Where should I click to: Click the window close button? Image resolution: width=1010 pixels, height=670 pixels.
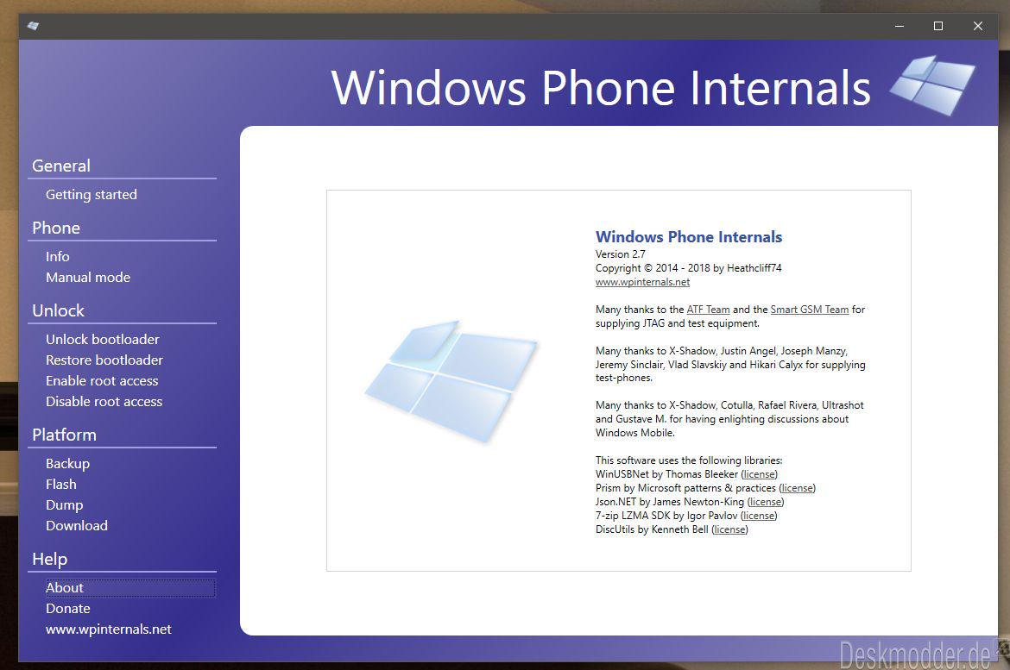coord(978,26)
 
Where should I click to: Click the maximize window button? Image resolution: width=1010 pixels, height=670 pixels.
coord(938,26)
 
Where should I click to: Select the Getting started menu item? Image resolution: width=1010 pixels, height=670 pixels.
coord(92,194)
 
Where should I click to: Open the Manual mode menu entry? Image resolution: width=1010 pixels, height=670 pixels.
coord(88,278)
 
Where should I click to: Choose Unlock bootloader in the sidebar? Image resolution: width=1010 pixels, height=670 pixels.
coord(103,339)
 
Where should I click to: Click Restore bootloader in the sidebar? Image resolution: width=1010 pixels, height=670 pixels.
coord(104,360)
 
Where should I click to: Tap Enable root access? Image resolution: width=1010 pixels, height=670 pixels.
coord(102,381)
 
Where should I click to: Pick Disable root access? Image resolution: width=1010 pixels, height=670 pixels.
coord(104,402)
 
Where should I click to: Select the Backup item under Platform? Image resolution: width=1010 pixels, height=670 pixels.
coord(67,463)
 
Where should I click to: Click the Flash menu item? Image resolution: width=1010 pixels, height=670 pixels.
coord(61,484)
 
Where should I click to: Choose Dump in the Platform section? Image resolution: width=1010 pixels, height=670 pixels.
coord(65,505)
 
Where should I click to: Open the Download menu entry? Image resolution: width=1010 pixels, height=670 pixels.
coord(77,526)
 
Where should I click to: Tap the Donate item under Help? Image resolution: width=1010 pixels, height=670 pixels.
coord(67,608)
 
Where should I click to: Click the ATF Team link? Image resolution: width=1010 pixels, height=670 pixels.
coord(708,310)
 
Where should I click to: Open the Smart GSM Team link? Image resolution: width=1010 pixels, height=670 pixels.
coord(810,310)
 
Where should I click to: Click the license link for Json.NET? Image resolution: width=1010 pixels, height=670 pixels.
coord(766,502)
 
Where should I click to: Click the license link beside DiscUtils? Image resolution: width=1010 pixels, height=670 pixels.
coord(729,529)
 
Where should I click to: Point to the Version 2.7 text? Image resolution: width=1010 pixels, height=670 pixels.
coord(621,254)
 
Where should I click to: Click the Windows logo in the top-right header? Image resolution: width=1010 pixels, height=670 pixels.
coord(932,85)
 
